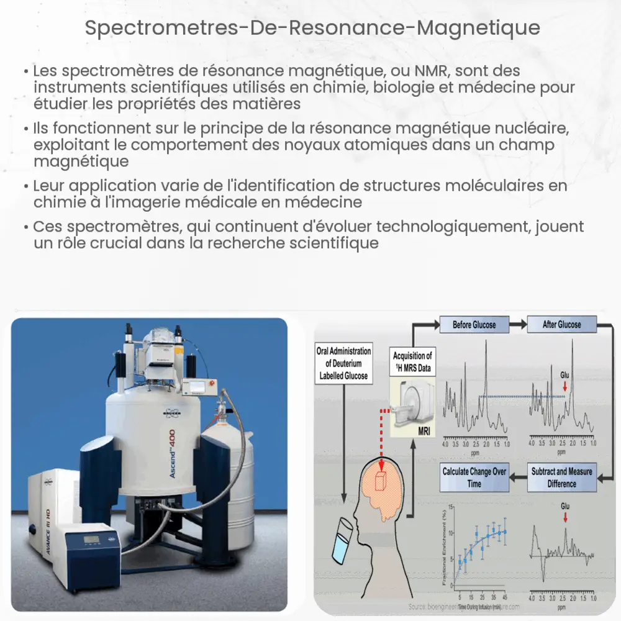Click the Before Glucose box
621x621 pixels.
click(x=474, y=325)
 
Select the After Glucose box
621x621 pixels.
click(x=561, y=325)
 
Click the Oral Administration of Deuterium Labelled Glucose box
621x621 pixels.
click(x=344, y=363)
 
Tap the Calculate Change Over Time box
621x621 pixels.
click(x=474, y=478)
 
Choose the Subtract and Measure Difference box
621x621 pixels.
click(x=561, y=478)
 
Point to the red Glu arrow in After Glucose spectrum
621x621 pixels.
click(x=564, y=388)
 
